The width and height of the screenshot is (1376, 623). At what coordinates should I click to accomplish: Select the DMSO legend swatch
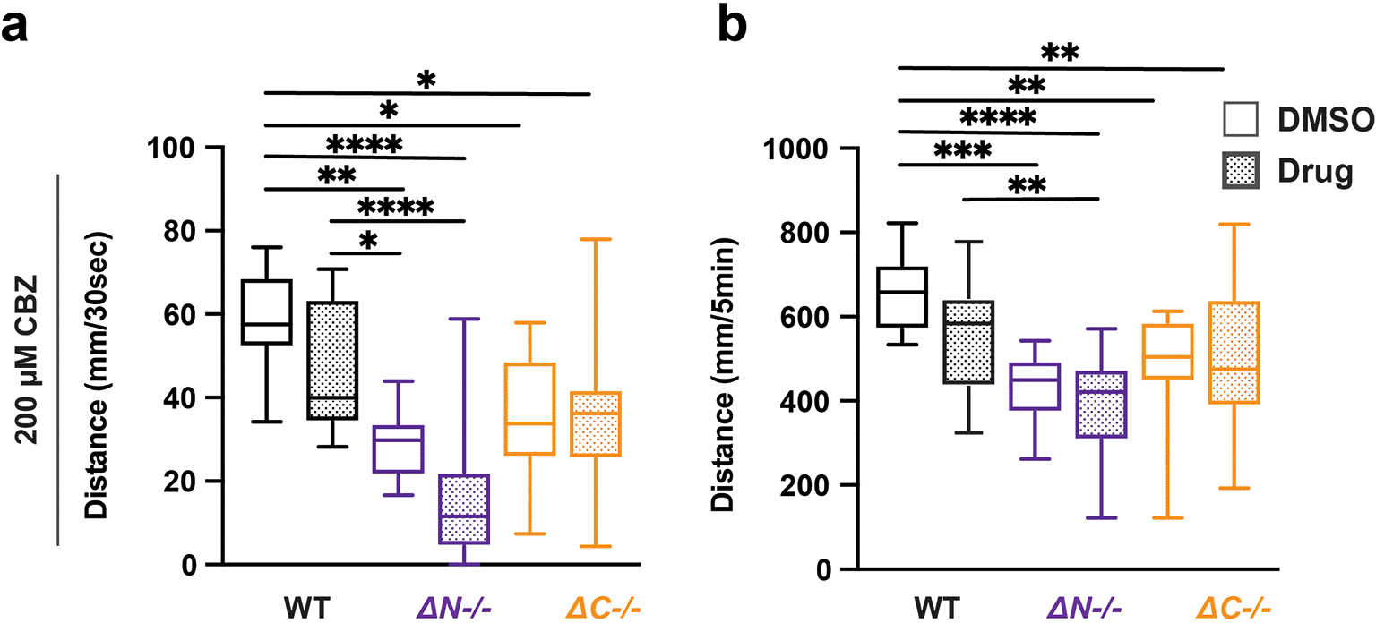(1242, 120)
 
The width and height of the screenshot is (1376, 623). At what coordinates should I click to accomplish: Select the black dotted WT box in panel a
(331, 360)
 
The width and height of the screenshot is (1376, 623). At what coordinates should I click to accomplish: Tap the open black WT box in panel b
(901, 296)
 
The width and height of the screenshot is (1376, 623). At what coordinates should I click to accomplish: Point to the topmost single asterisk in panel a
(426, 81)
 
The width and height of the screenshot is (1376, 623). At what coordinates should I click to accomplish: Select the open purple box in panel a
(399, 448)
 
